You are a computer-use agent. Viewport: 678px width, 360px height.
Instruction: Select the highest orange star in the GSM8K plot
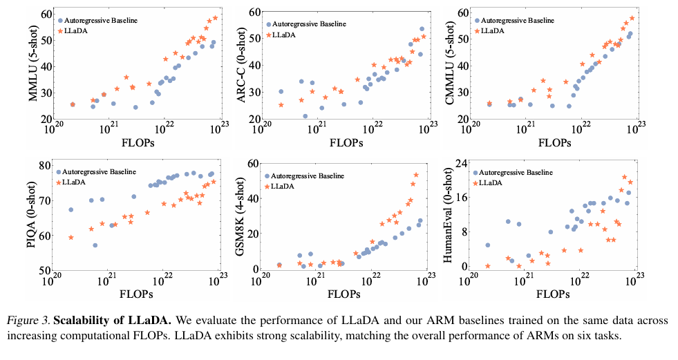point(416,175)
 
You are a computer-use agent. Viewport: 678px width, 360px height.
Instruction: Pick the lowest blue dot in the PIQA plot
point(95,245)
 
